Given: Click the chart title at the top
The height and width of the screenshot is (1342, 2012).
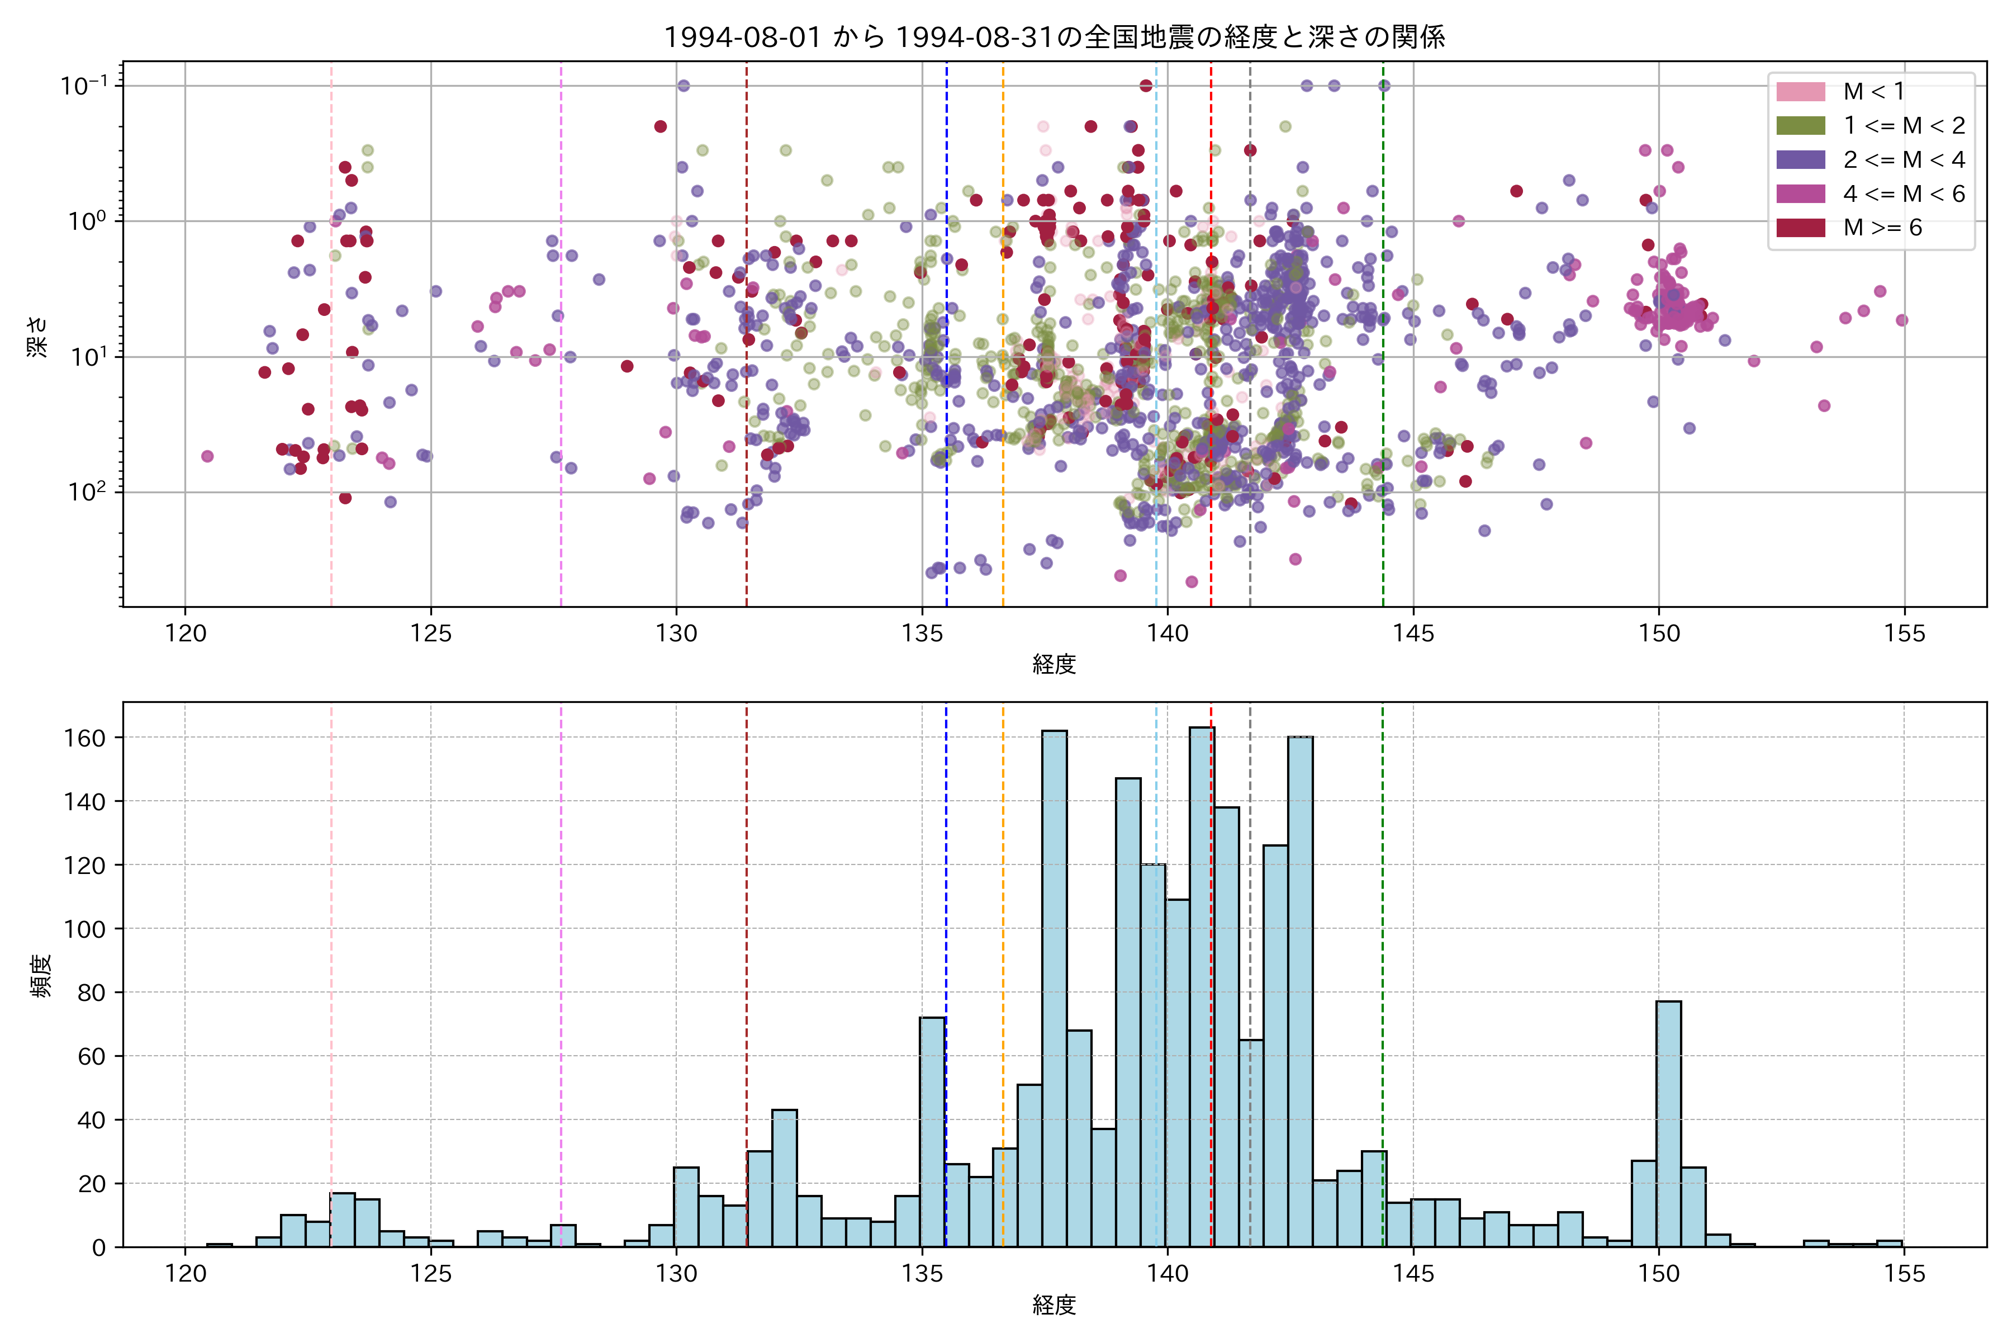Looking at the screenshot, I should click(x=1054, y=37).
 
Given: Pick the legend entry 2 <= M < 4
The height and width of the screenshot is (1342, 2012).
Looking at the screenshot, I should click(x=1904, y=160).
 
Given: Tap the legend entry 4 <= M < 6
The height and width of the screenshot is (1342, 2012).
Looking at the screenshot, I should click(x=1904, y=194).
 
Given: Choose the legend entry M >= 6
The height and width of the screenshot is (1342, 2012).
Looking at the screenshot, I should click(x=1882, y=228).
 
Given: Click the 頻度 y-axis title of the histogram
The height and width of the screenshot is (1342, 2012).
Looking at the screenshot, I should click(x=41, y=976).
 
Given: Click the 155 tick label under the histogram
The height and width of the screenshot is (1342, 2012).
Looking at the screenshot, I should click(x=1904, y=1274).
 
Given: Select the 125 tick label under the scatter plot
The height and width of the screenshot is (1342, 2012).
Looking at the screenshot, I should click(x=430, y=634).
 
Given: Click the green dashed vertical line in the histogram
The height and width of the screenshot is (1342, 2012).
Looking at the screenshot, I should click(x=1382, y=942).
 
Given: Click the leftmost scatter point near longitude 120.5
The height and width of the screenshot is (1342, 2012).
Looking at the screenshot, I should click(x=207, y=456).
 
